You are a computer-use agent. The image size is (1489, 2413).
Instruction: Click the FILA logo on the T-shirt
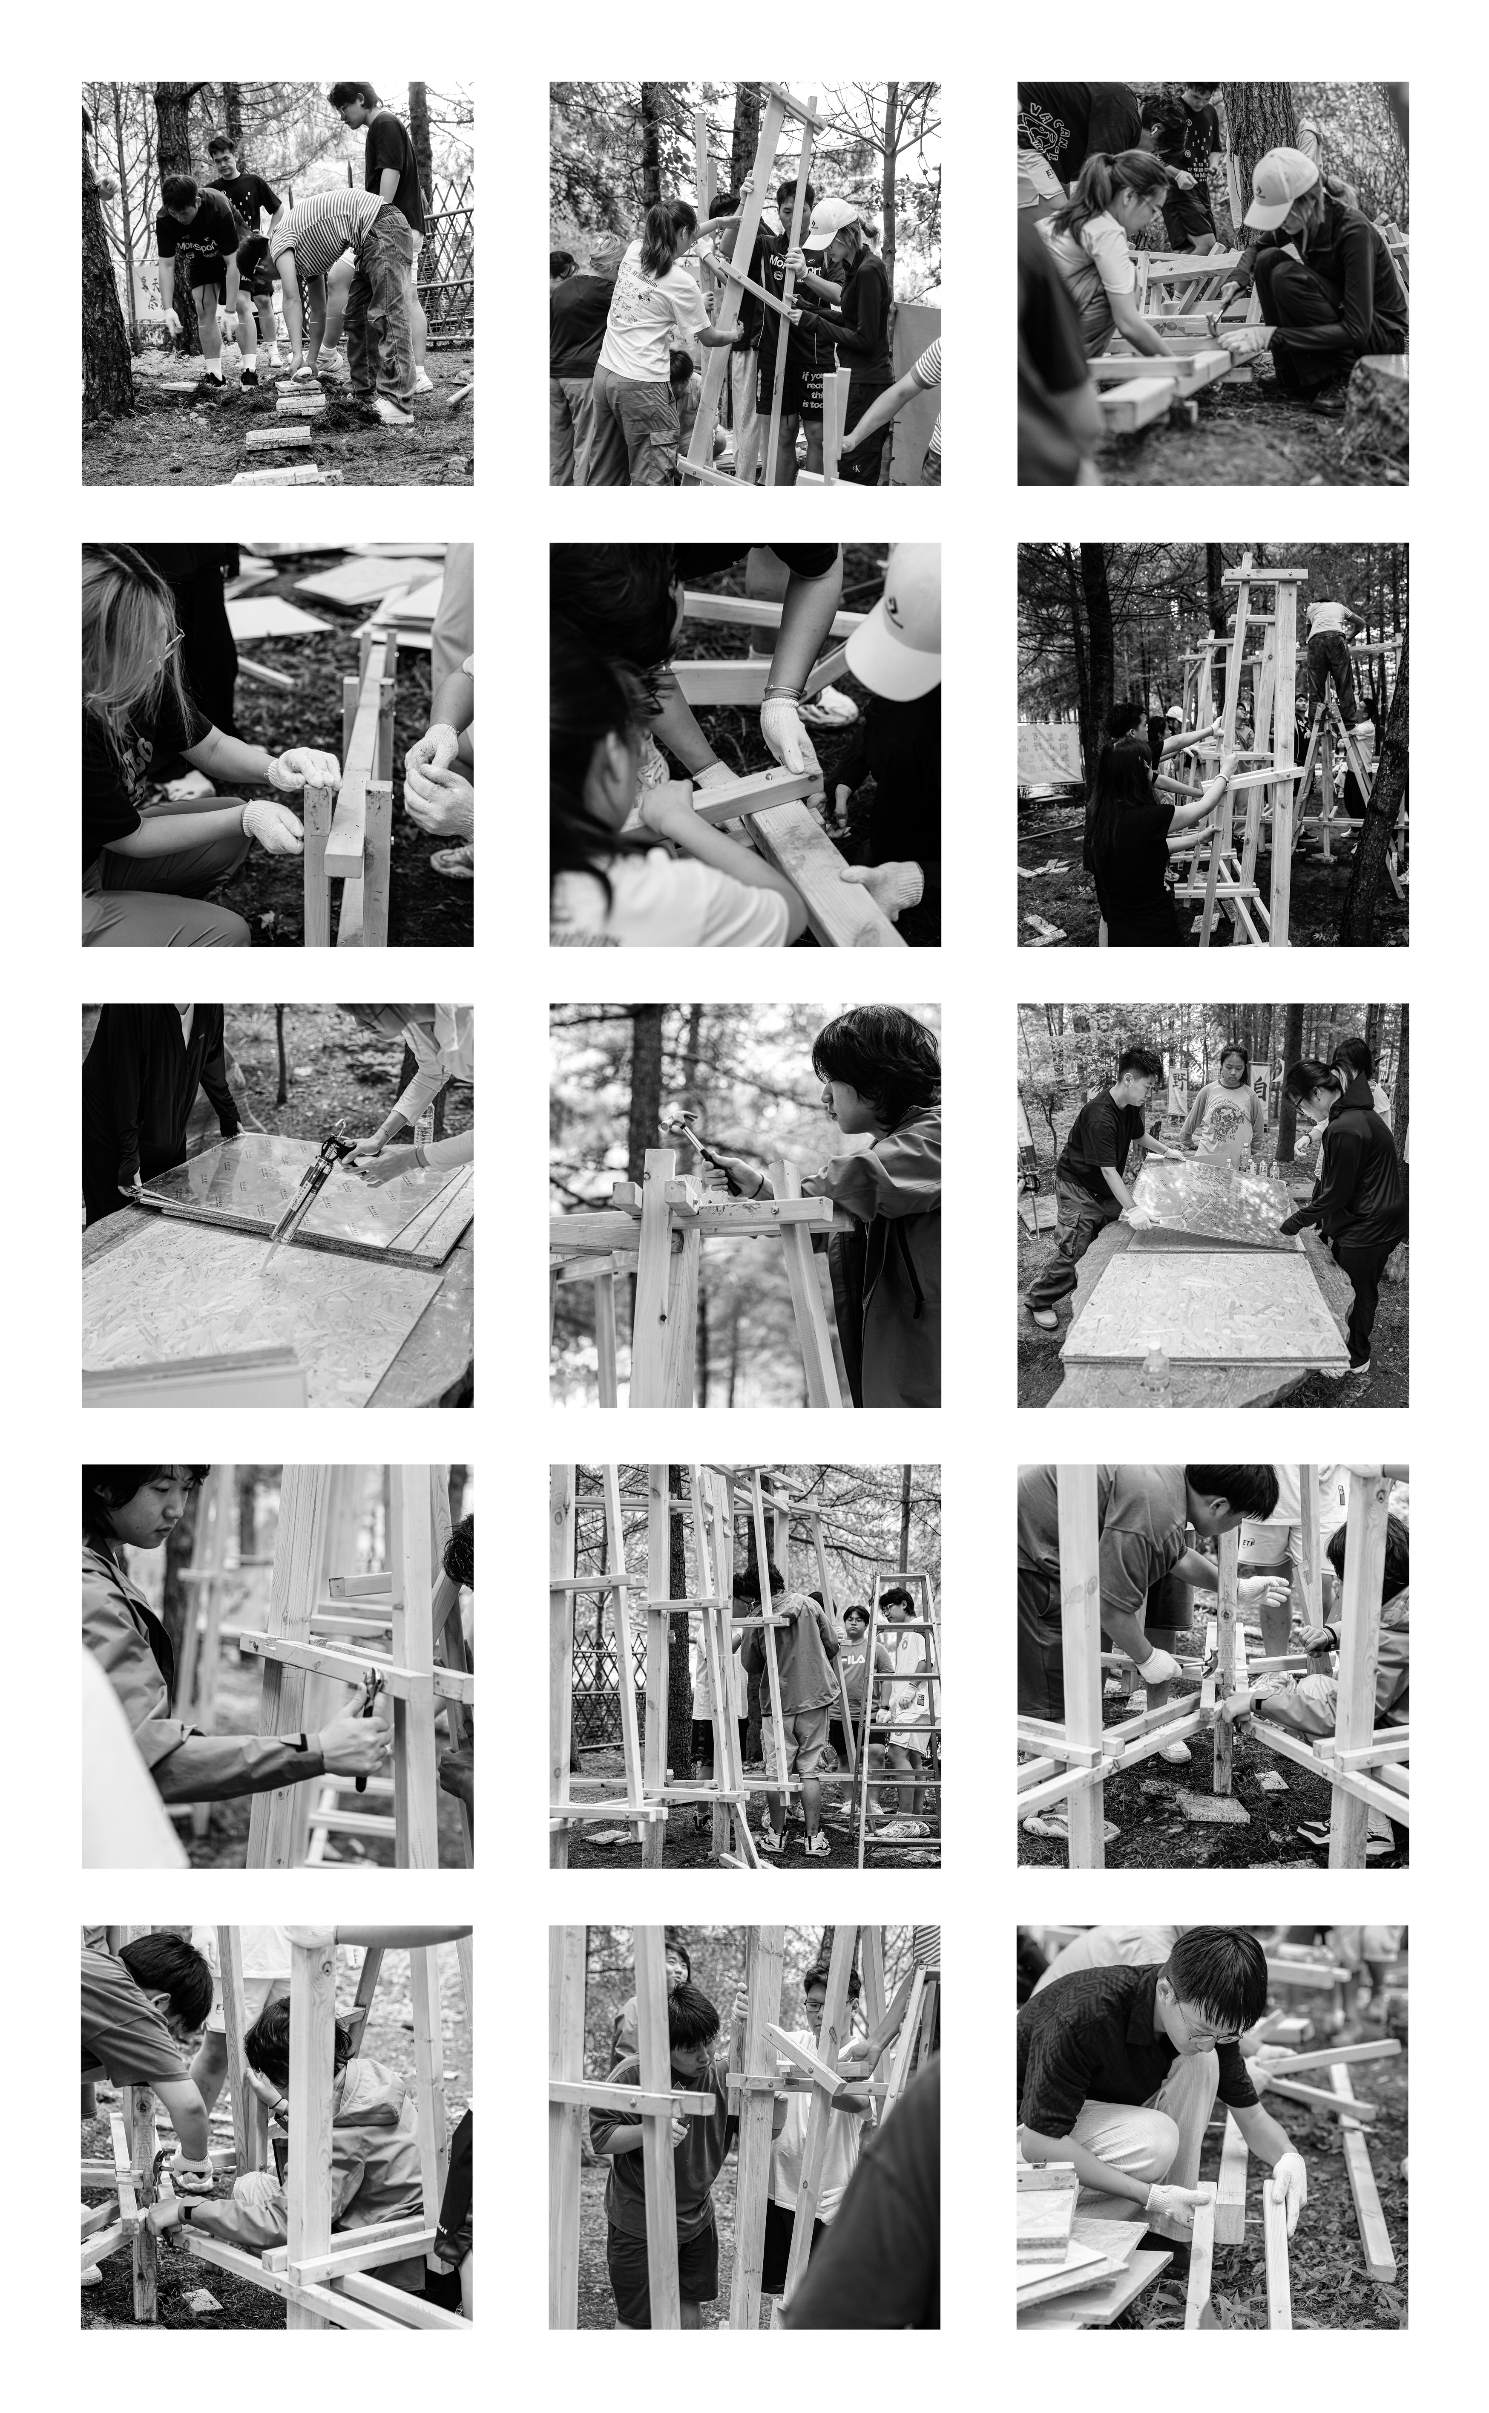coord(853,1658)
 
